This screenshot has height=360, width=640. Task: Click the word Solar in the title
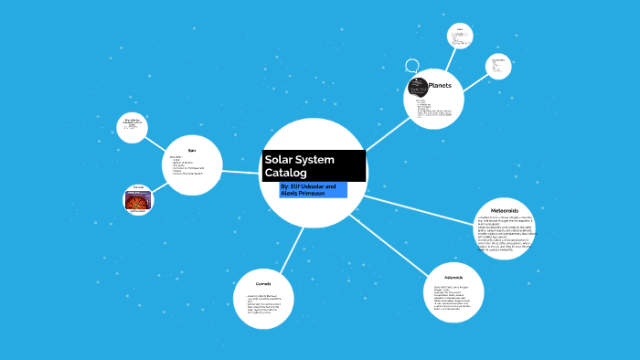click(281, 159)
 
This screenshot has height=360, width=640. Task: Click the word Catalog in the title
click(286, 173)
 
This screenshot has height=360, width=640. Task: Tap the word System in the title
click(317, 159)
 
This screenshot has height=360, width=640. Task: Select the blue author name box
click(314, 190)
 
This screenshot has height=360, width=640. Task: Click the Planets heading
click(441, 86)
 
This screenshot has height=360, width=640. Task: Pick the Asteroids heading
click(453, 277)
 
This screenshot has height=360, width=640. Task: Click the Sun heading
click(192, 150)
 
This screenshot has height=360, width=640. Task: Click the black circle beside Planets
click(417, 89)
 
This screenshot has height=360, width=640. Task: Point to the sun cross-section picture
click(138, 199)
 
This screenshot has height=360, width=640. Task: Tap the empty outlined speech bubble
click(412, 66)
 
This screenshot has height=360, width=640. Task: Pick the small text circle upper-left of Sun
click(132, 127)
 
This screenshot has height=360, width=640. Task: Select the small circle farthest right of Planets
click(498, 67)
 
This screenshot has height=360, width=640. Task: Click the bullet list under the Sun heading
click(188, 169)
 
